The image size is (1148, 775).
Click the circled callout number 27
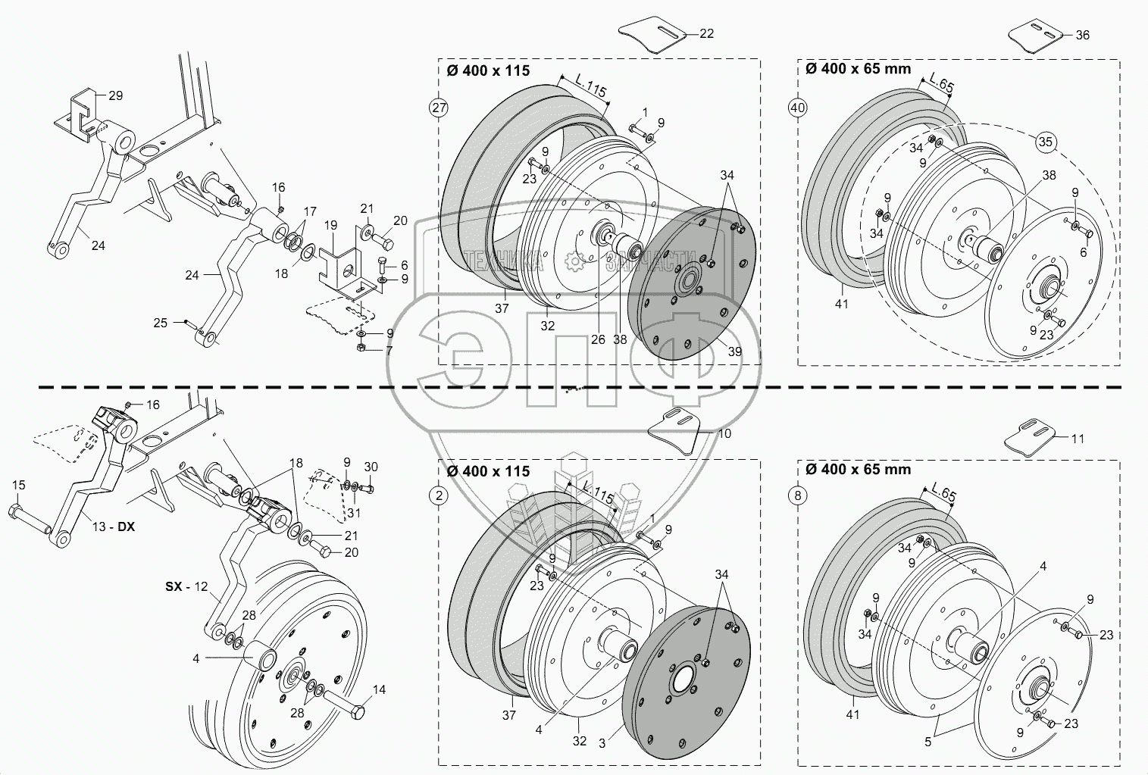(x=439, y=108)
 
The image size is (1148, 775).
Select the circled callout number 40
(x=797, y=108)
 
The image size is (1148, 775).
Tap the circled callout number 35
(x=1046, y=142)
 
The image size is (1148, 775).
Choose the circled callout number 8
(x=797, y=496)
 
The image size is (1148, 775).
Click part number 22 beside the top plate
(x=706, y=34)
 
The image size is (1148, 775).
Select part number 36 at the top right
(x=1082, y=36)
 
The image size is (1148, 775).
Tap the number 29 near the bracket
(x=115, y=96)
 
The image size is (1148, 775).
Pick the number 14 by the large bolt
(x=379, y=690)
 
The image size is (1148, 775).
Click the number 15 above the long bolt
(x=19, y=485)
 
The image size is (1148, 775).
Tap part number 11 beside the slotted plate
(x=1077, y=439)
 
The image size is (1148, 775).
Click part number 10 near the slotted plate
(x=724, y=434)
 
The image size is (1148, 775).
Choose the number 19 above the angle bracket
(x=330, y=225)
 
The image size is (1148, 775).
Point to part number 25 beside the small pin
(x=160, y=323)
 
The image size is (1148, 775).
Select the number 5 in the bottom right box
(x=928, y=743)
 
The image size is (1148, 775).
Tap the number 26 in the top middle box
(x=598, y=340)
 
